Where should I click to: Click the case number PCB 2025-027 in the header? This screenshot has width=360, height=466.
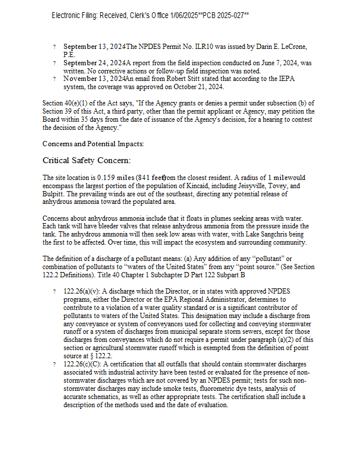pyautogui.click(x=225, y=15)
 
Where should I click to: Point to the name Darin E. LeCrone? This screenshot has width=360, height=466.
pyautogui.click(x=280, y=47)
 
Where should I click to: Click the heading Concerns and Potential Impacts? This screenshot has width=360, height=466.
pyautogui.click(x=93, y=143)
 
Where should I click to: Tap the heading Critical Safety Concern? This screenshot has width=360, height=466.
pyautogui.click(x=86, y=160)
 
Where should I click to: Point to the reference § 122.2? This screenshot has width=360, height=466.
pyautogui.click(x=101, y=356)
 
